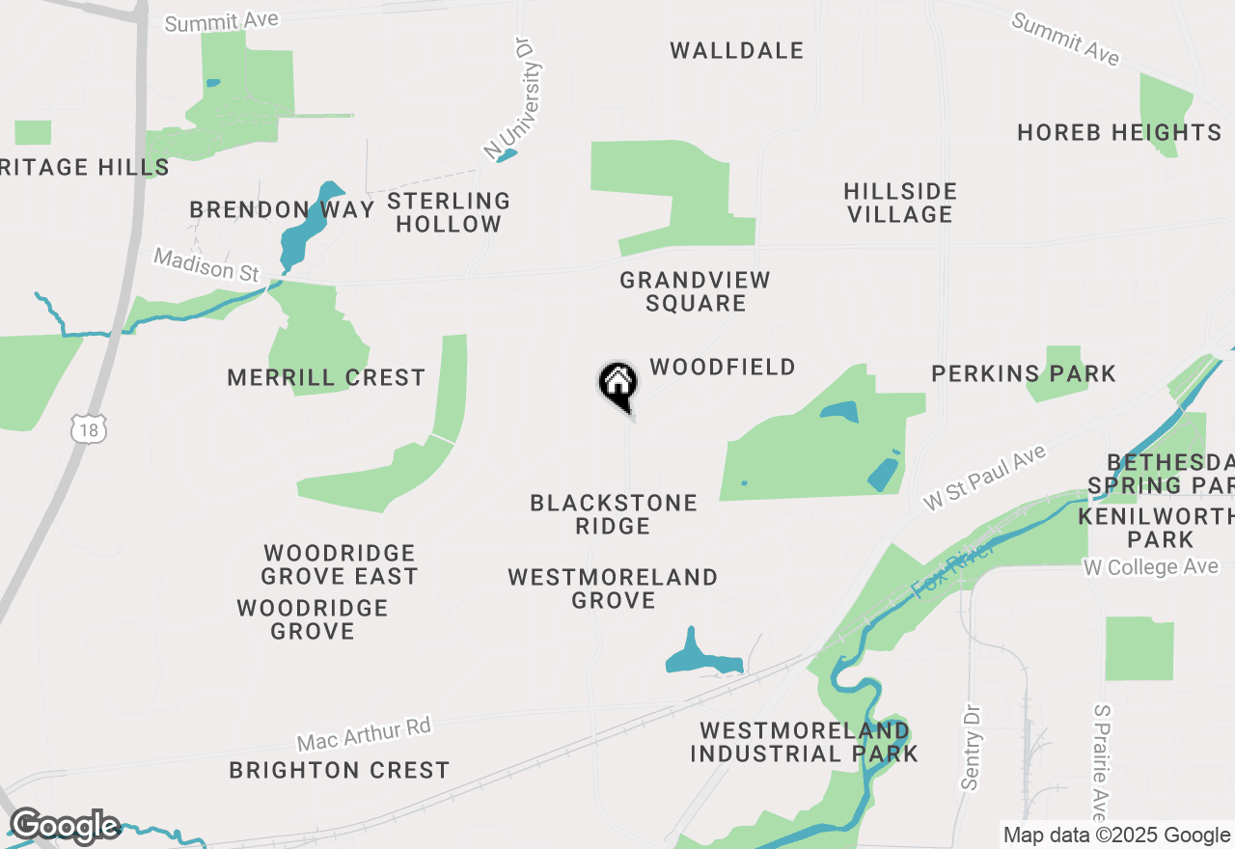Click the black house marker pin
(618, 384)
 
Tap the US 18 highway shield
(89, 430)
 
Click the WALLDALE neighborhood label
(737, 50)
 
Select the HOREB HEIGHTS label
(1119, 132)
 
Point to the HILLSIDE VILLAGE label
(900, 203)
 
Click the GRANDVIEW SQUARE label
(696, 291)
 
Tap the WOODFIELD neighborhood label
(723, 367)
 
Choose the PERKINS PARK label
(1024, 373)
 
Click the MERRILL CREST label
(326, 377)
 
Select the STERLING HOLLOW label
(449, 212)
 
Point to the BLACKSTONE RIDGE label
(614, 514)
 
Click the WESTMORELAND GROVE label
(614, 589)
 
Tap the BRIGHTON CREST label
(340, 770)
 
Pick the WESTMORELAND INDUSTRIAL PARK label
(804, 742)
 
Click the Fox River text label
(952, 569)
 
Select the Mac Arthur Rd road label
(364, 734)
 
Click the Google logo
(65, 826)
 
